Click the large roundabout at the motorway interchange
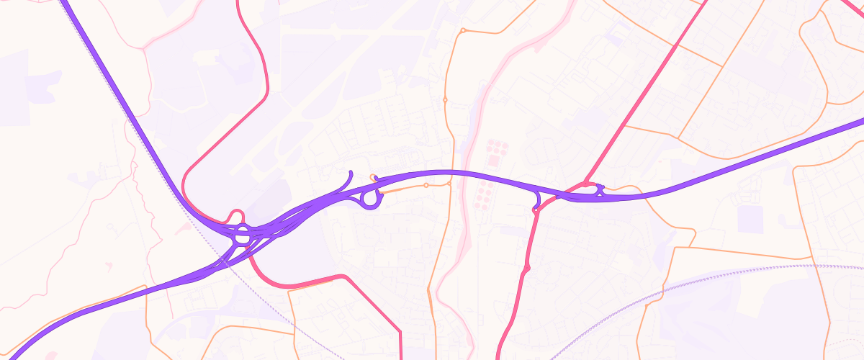point(243,234)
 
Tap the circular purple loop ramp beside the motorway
point(370,199)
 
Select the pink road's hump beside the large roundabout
point(235,214)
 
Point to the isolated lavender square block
point(750,219)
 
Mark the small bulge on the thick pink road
point(527,268)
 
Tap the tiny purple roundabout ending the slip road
point(536,210)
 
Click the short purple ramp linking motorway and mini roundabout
point(537,201)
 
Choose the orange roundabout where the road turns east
point(462,31)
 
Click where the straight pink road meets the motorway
point(586,184)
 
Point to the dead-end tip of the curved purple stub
point(351,171)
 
